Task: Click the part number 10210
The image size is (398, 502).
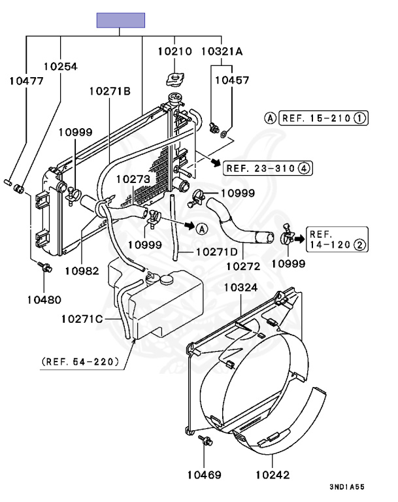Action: [x=174, y=50]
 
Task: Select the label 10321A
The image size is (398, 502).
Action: [x=221, y=50]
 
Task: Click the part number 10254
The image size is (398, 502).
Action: [x=61, y=66]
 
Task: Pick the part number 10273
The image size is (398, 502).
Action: [x=133, y=178]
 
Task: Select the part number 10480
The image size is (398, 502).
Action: [x=44, y=300]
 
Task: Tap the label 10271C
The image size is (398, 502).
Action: [x=82, y=318]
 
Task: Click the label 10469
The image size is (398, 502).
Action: [x=204, y=475]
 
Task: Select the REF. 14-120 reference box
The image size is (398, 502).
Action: [x=338, y=240]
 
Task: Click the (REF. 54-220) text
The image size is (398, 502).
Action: [x=81, y=361]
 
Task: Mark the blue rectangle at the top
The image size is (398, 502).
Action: [x=121, y=20]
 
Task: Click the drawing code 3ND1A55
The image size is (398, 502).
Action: [x=347, y=487]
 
